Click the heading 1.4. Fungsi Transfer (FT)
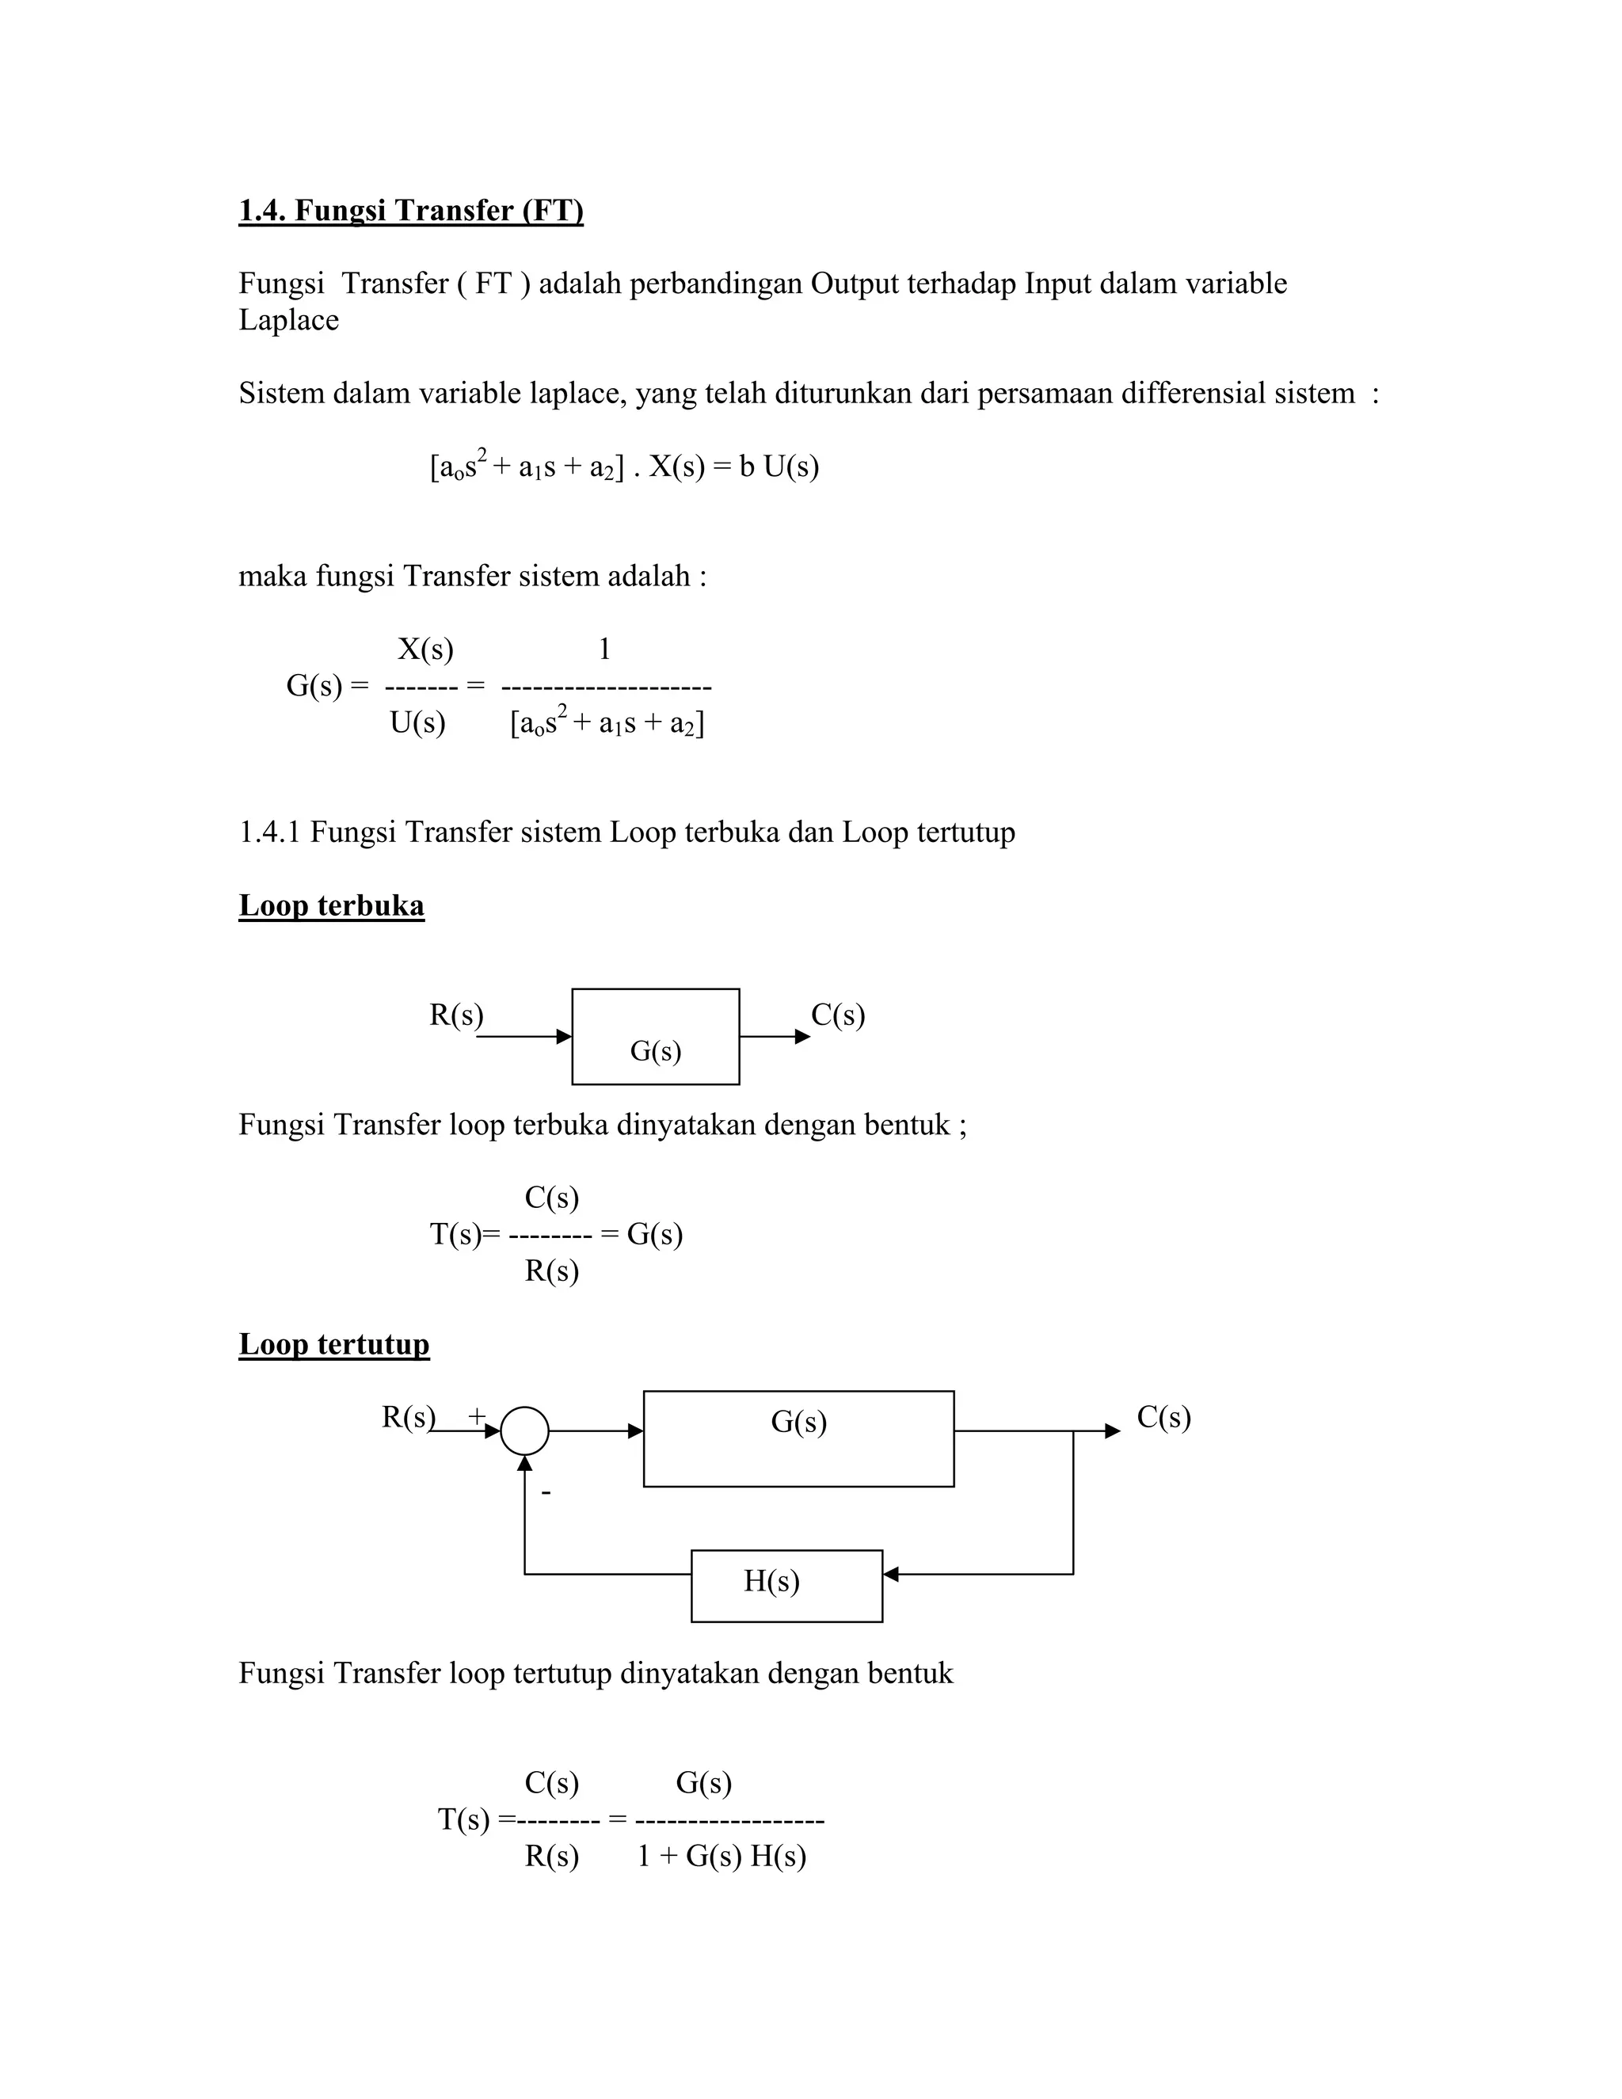410,211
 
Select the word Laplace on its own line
288,320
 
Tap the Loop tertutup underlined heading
333,1343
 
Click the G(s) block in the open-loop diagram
655,1037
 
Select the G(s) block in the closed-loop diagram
798,1438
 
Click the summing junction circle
524,1431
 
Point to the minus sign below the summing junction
546,1492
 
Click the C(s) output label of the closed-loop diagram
1163,1417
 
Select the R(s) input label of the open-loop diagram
455,1015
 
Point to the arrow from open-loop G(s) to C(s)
775,1037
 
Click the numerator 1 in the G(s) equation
604,650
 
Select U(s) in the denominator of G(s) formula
417,722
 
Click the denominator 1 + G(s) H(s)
721,1856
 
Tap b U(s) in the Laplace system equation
779,467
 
